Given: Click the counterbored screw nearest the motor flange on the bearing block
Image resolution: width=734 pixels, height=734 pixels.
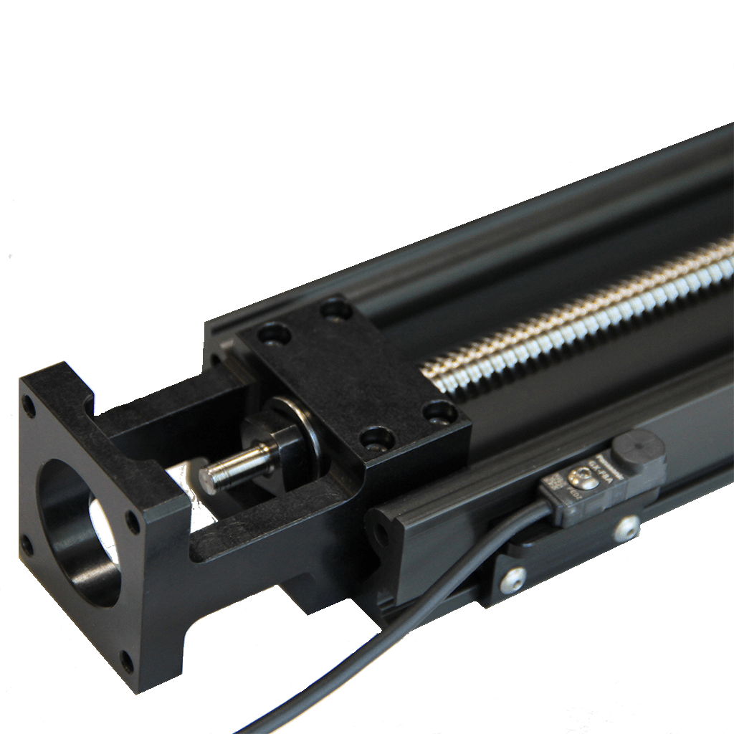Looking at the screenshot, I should pyautogui.click(x=274, y=335).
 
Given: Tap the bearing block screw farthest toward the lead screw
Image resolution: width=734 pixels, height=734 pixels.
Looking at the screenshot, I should pyautogui.click(x=439, y=413).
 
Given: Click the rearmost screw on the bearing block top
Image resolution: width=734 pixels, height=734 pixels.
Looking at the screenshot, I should pyautogui.click(x=335, y=310).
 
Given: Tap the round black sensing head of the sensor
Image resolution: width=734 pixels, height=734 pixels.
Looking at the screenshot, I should pyautogui.click(x=637, y=449).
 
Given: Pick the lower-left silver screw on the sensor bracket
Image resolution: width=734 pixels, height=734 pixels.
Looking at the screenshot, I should pyautogui.click(x=513, y=579).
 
